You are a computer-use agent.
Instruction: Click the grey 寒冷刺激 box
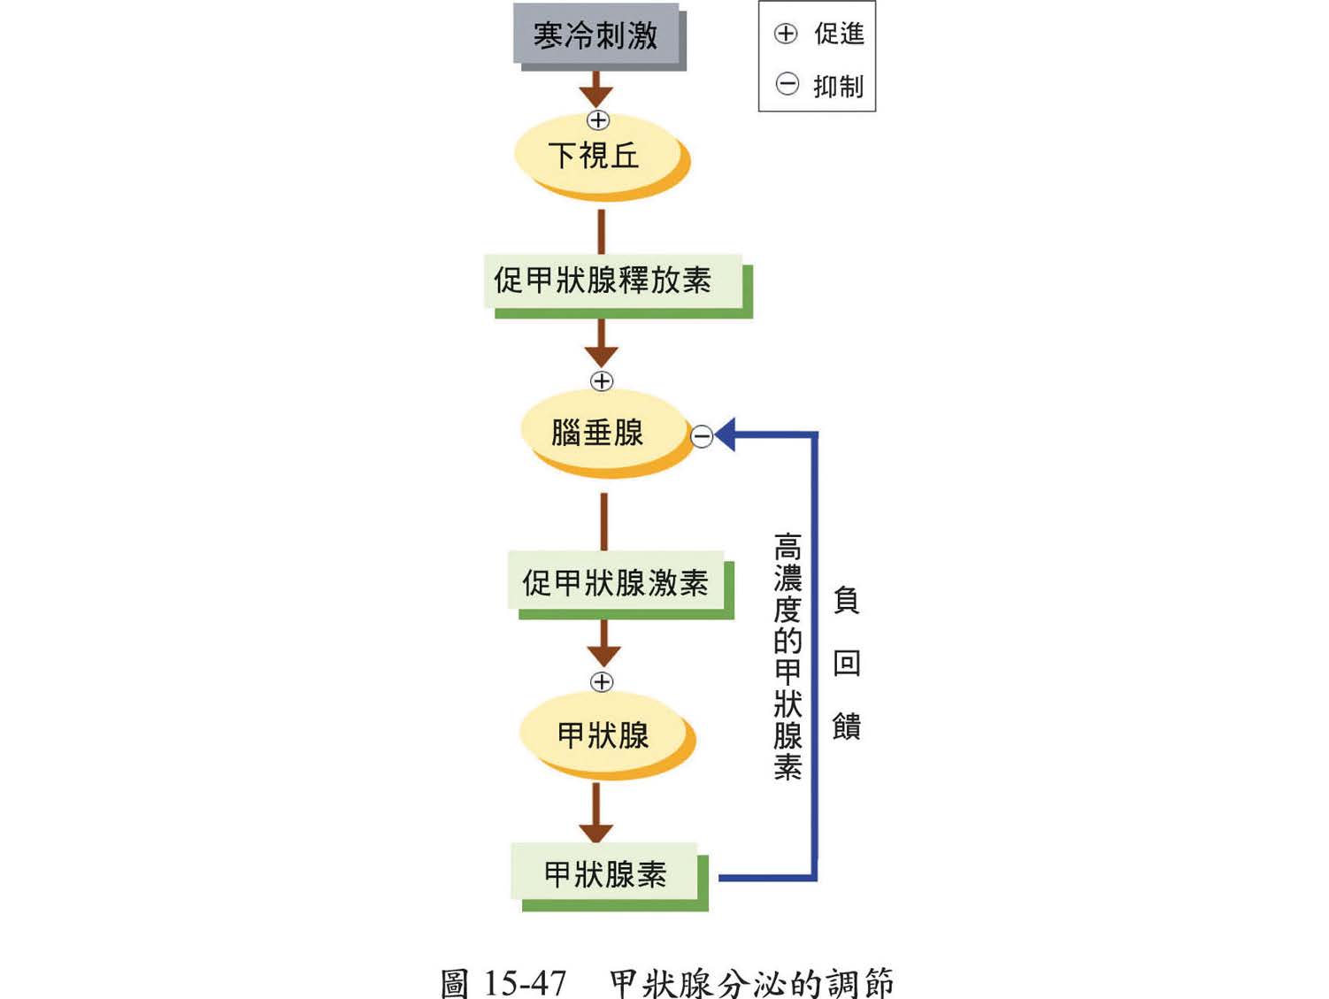[595, 35]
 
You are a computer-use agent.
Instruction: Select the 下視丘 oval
[595, 156]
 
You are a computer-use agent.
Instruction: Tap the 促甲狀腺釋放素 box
[603, 280]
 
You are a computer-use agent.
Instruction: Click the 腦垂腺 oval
[599, 433]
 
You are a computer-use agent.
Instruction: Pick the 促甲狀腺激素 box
[616, 582]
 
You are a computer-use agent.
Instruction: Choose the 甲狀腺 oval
[603, 734]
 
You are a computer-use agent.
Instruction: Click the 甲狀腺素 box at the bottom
[605, 874]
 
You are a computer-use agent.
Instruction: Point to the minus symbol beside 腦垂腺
[702, 436]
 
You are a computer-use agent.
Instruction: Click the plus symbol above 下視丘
[599, 120]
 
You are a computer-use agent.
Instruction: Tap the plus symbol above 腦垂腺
[602, 381]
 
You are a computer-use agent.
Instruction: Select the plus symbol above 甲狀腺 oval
[602, 681]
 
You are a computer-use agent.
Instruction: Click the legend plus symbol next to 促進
[786, 34]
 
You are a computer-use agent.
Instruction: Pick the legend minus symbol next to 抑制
[787, 85]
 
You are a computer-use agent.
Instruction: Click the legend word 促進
[839, 34]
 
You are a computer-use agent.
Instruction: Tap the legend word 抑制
[839, 86]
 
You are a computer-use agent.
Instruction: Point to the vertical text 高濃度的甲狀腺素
[787, 656]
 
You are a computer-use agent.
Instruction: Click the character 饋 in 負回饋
[847, 726]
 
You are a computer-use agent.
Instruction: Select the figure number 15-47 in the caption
[525, 982]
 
